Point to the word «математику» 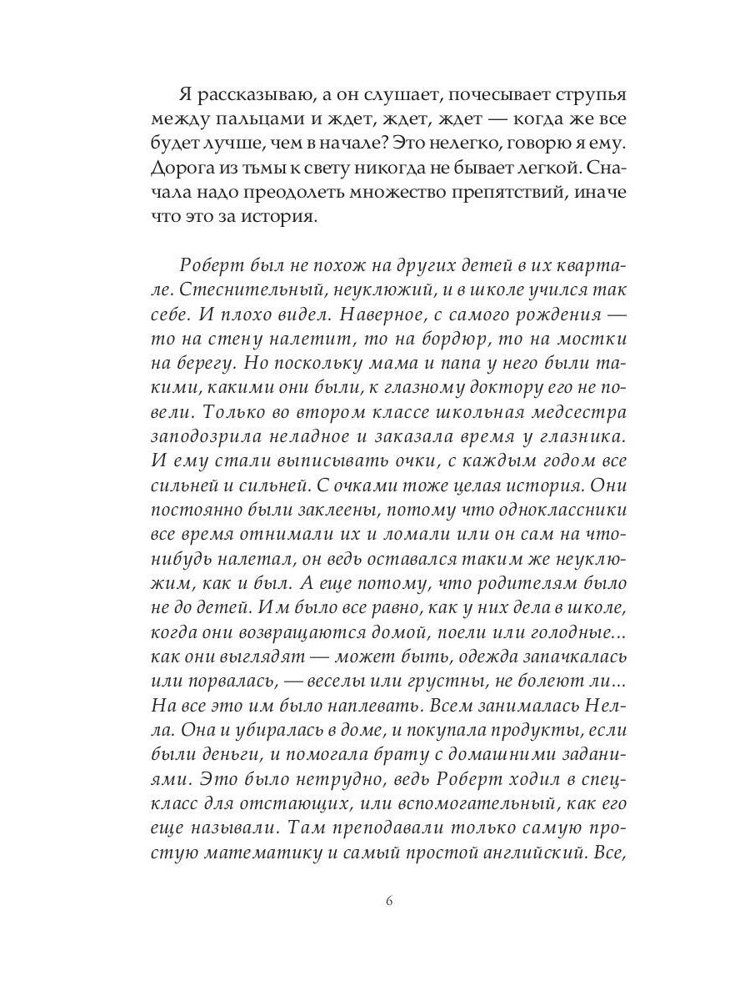tap(256, 849)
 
